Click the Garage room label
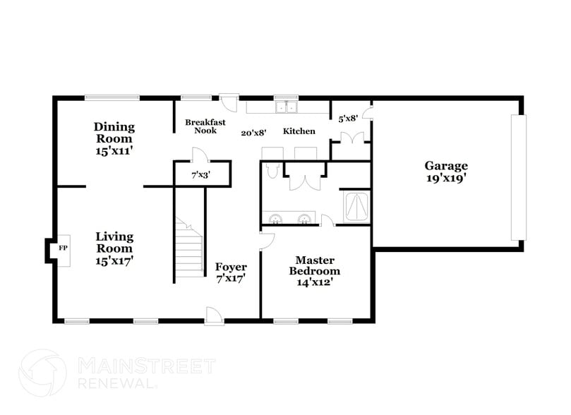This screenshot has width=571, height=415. pos(445,166)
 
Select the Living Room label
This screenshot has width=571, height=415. pos(114,242)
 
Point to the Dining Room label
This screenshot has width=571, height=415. pos(114,133)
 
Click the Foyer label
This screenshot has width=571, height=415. pos(231,267)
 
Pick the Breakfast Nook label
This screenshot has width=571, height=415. pos(205,126)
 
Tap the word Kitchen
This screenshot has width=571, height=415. pos(299,131)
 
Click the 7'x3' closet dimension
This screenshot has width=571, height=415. pos(200,174)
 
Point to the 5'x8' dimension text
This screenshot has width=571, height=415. pos(348,119)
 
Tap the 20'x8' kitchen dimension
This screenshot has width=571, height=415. pos(252,132)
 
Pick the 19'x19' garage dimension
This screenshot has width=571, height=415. pos(445,179)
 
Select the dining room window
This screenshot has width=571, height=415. pos(106,98)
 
